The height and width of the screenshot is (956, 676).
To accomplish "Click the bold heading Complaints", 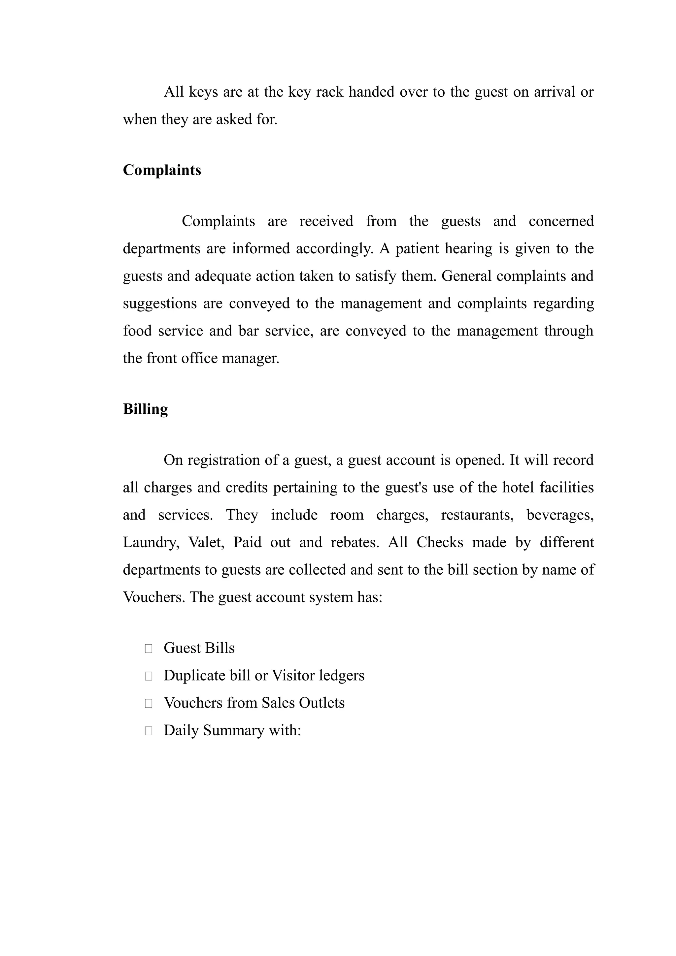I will coord(162,170).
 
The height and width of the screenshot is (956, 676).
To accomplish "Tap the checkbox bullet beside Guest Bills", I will coord(148,648).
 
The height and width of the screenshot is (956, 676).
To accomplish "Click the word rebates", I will coord(355,543).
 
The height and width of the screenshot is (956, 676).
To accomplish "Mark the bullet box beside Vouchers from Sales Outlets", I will coord(148,703).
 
